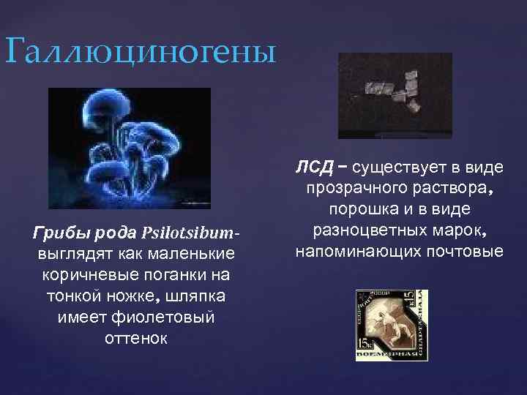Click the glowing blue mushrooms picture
point(129,148)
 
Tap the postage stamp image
point(391,325)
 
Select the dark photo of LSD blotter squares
point(395,95)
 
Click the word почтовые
point(468,252)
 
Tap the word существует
point(391,168)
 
